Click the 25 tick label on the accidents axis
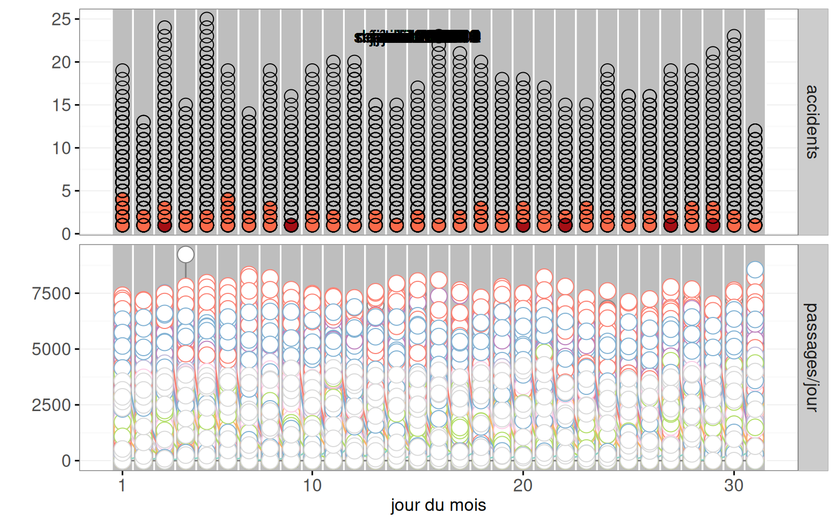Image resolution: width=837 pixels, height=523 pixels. click(x=61, y=19)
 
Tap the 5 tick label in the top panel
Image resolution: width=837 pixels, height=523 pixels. click(x=66, y=191)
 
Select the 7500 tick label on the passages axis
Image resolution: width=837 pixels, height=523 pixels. click(x=51, y=293)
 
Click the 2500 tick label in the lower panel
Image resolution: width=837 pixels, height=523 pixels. click(x=51, y=405)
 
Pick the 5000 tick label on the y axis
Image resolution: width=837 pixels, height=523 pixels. click(x=51, y=349)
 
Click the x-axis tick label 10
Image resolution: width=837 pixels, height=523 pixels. click(x=312, y=486)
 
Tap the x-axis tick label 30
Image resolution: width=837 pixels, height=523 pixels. click(x=733, y=486)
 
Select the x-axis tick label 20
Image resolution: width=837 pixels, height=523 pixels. click(x=523, y=486)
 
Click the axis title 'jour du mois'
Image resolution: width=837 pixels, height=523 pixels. click(x=438, y=505)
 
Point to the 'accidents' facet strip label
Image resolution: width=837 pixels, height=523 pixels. click(x=812, y=122)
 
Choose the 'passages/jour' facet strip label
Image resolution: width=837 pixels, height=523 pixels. click(x=812, y=357)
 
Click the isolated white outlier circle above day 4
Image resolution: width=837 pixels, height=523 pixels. click(x=186, y=255)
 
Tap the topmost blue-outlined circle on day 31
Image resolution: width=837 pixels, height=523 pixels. click(x=755, y=270)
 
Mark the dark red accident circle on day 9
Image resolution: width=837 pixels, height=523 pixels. click(x=291, y=225)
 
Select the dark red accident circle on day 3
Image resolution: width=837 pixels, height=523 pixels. click(x=164, y=225)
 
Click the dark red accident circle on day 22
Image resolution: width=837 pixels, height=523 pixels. click(x=565, y=225)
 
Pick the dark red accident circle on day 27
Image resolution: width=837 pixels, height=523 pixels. click(x=671, y=225)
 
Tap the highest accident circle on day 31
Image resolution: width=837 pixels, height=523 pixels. click(x=755, y=131)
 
